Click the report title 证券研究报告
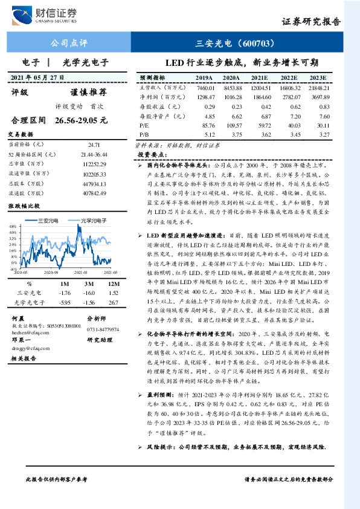pyautogui.click(x=312, y=21)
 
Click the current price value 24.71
pyautogui.click(x=94, y=146)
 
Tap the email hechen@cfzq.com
pyautogui.click(x=27, y=332)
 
